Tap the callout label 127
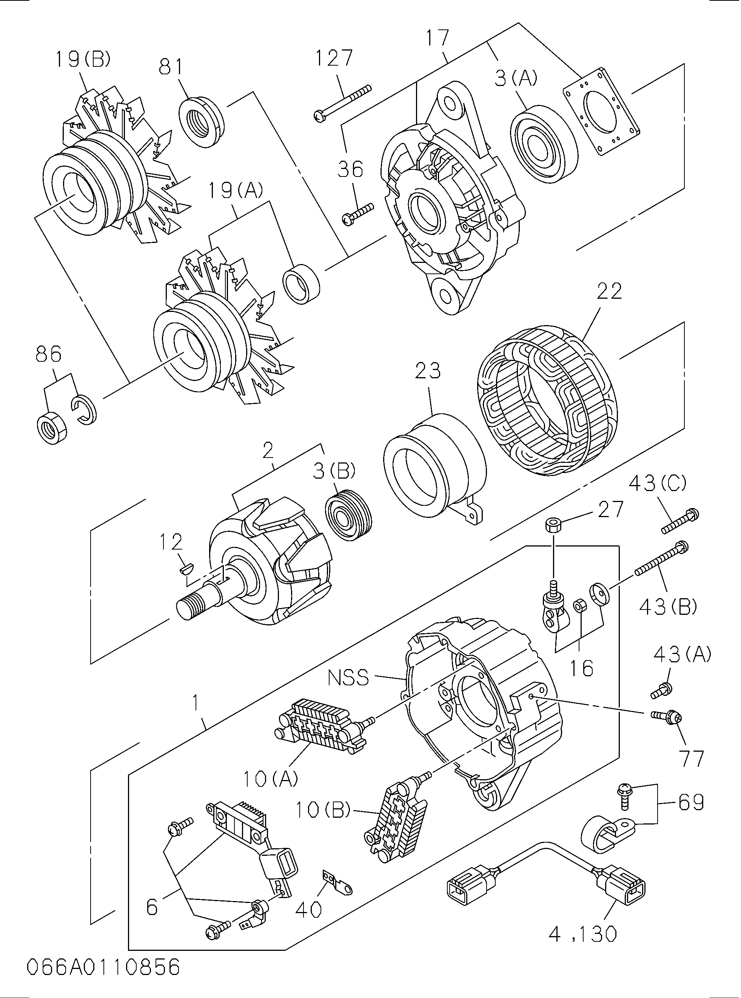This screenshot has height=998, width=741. tap(334, 58)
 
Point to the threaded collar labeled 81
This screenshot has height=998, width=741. tap(202, 122)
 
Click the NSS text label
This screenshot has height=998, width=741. tap(348, 678)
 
